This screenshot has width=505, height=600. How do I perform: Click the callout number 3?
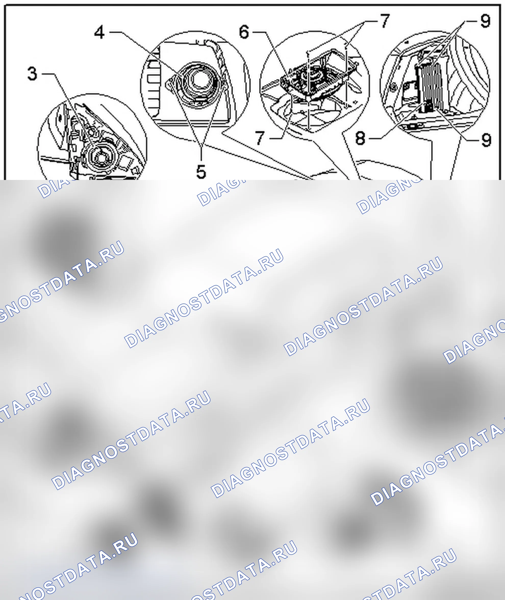click(32, 73)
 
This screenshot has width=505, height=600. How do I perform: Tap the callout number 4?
click(99, 32)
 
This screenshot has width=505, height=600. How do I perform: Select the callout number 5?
click(201, 172)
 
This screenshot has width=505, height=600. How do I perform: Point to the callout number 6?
click(244, 32)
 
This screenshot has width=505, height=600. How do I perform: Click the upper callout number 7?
click(385, 21)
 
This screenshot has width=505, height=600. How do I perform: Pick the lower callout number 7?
click(260, 138)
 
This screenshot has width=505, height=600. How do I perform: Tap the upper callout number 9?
click(485, 21)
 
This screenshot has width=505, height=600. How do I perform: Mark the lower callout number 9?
click(486, 140)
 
